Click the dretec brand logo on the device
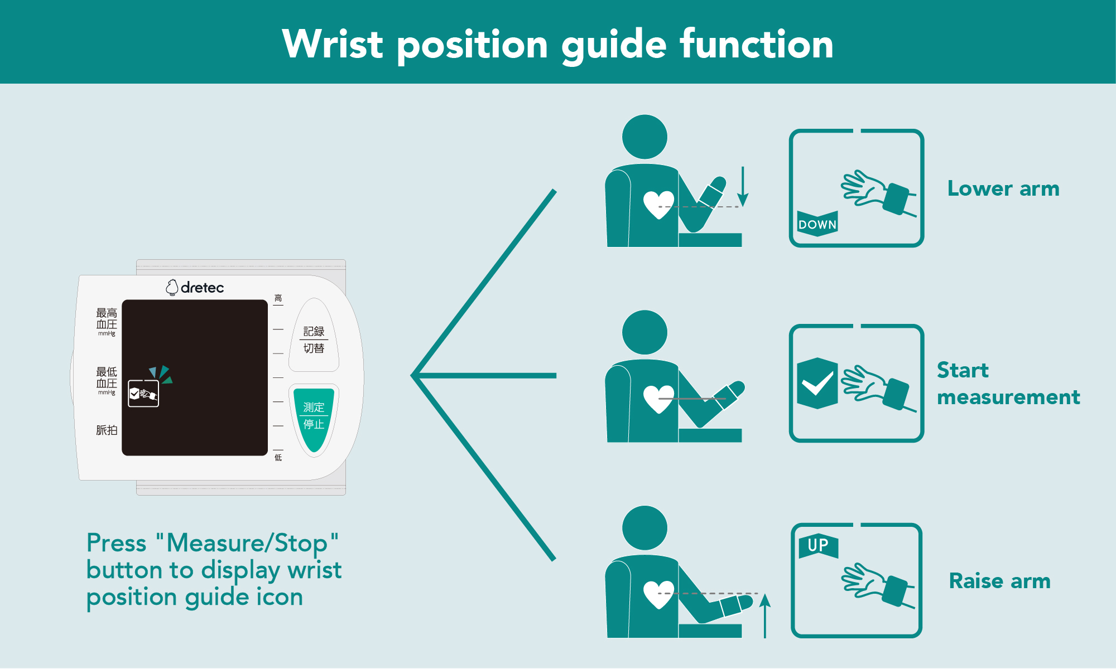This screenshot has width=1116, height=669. [x=195, y=287]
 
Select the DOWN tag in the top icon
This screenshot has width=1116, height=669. [x=817, y=224]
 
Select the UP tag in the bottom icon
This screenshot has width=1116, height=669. [x=818, y=546]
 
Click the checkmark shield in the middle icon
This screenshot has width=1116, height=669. [x=817, y=383]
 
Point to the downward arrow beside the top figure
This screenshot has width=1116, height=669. [x=743, y=186]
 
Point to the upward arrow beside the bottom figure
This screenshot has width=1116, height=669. [x=765, y=615]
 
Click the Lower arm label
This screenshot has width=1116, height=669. [x=1003, y=188]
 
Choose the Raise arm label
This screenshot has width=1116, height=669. [x=999, y=581]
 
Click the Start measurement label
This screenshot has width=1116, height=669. [x=1008, y=384]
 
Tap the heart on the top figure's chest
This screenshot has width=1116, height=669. [x=658, y=205]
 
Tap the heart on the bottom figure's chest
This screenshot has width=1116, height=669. [x=658, y=594]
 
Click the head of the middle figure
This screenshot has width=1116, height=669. [x=644, y=333]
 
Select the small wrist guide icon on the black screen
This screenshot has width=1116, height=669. [x=143, y=394]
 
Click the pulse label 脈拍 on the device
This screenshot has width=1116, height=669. [x=107, y=430]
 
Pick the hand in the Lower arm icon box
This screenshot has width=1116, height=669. [x=863, y=188]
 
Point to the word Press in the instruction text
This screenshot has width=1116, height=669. [x=117, y=543]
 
